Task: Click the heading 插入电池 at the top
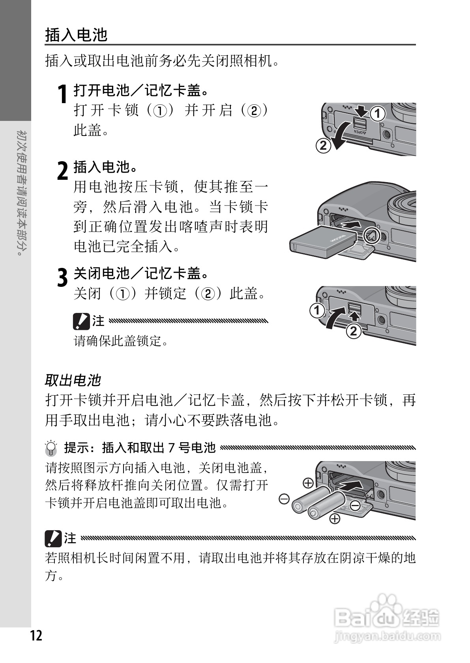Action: coord(76,35)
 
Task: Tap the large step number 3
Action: coord(62,277)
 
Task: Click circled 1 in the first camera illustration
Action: coord(378,114)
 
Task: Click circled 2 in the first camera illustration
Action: coord(323,146)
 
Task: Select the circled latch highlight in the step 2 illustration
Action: coord(371,236)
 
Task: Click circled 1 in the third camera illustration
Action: coord(317,311)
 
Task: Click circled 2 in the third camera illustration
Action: coord(354,330)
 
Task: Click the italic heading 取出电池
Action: coord(73,380)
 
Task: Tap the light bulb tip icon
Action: coord(51,448)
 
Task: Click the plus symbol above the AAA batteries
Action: coord(308,483)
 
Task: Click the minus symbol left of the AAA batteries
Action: coord(284,499)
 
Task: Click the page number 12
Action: coord(36,636)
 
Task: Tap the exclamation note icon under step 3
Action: coord(81,321)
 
